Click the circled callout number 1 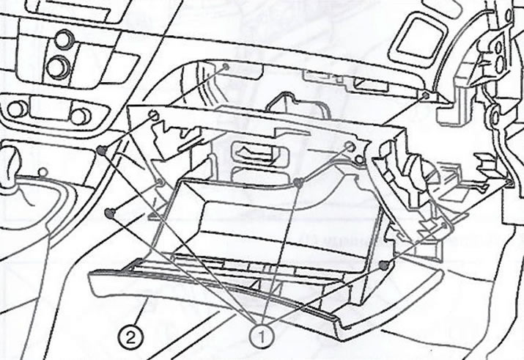[262, 337]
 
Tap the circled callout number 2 [130, 338]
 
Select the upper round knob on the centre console [64, 39]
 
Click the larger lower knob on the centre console [59, 67]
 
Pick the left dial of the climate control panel [18, 109]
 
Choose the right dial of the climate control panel [80, 116]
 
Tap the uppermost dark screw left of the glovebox [102, 150]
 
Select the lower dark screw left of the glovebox [110, 213]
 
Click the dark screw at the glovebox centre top [298, 183]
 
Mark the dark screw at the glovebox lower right [383, 265]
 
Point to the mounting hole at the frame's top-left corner [153, 115]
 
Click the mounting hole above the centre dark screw [350, 146]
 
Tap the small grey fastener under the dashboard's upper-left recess [226, 67]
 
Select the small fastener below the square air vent [426, 95]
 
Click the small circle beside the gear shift [43, 172]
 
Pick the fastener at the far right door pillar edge [509, 182]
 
